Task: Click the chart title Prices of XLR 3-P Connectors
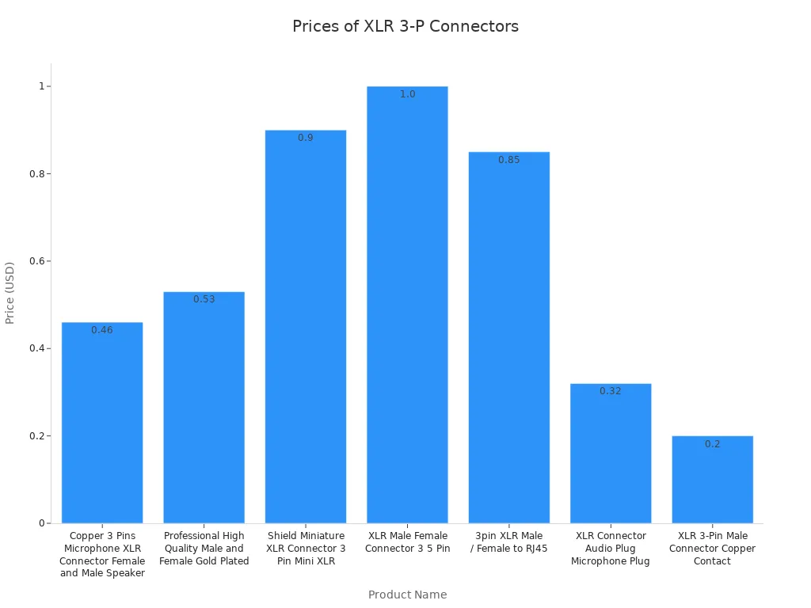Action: [x=405, y=26]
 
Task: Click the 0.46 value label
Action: [x=102, y=330]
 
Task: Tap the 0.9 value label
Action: [x=306, y=138]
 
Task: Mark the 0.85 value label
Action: [x=509, y=160]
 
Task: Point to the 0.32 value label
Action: [x=611, y=391]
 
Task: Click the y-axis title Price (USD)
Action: [x=10, y=293]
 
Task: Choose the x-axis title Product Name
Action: [x=407, y=595]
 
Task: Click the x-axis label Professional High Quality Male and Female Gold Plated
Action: [x=204, y=549]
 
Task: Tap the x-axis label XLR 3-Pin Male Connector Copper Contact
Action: [x=712, y=549]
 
